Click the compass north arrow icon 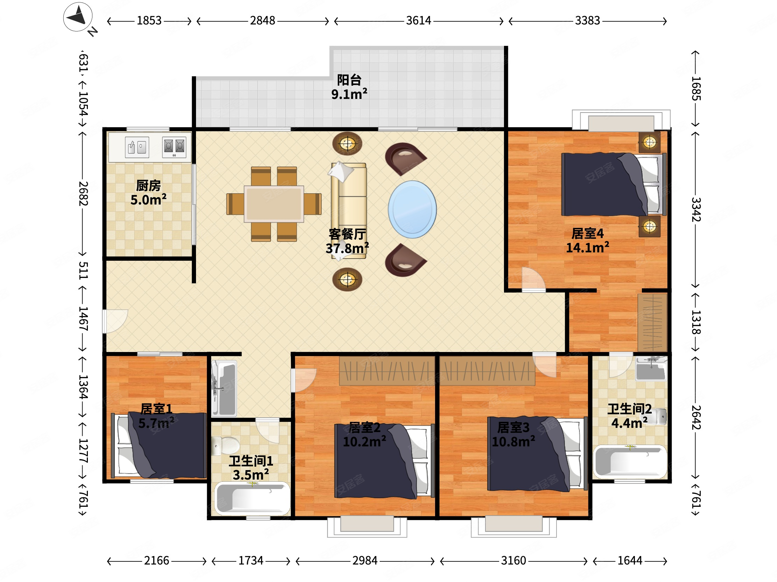(x=78, y=17)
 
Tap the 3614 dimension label (x=418, y=21)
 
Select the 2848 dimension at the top (x=262, y=21)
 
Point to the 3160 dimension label (x=513, y=561)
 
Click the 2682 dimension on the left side (x=83, y=193)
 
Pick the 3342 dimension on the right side (x=696, y=209)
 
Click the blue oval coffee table (x=412, y=209)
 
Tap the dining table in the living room (x=274, y=204)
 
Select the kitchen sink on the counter (x=137, y=147)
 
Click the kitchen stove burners (x=174, y=147)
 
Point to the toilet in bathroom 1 (x=225, y=446)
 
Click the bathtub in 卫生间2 (x=630, y=462)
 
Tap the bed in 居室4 (x=614, y=184)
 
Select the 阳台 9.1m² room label (x=349, y=87)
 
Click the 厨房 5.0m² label (x=149, y=193)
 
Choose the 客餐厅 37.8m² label (x=347, y=241)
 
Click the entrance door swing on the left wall (x=115, y=321)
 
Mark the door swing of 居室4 (x=533, y=279)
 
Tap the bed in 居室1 (x=159, y=445)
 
